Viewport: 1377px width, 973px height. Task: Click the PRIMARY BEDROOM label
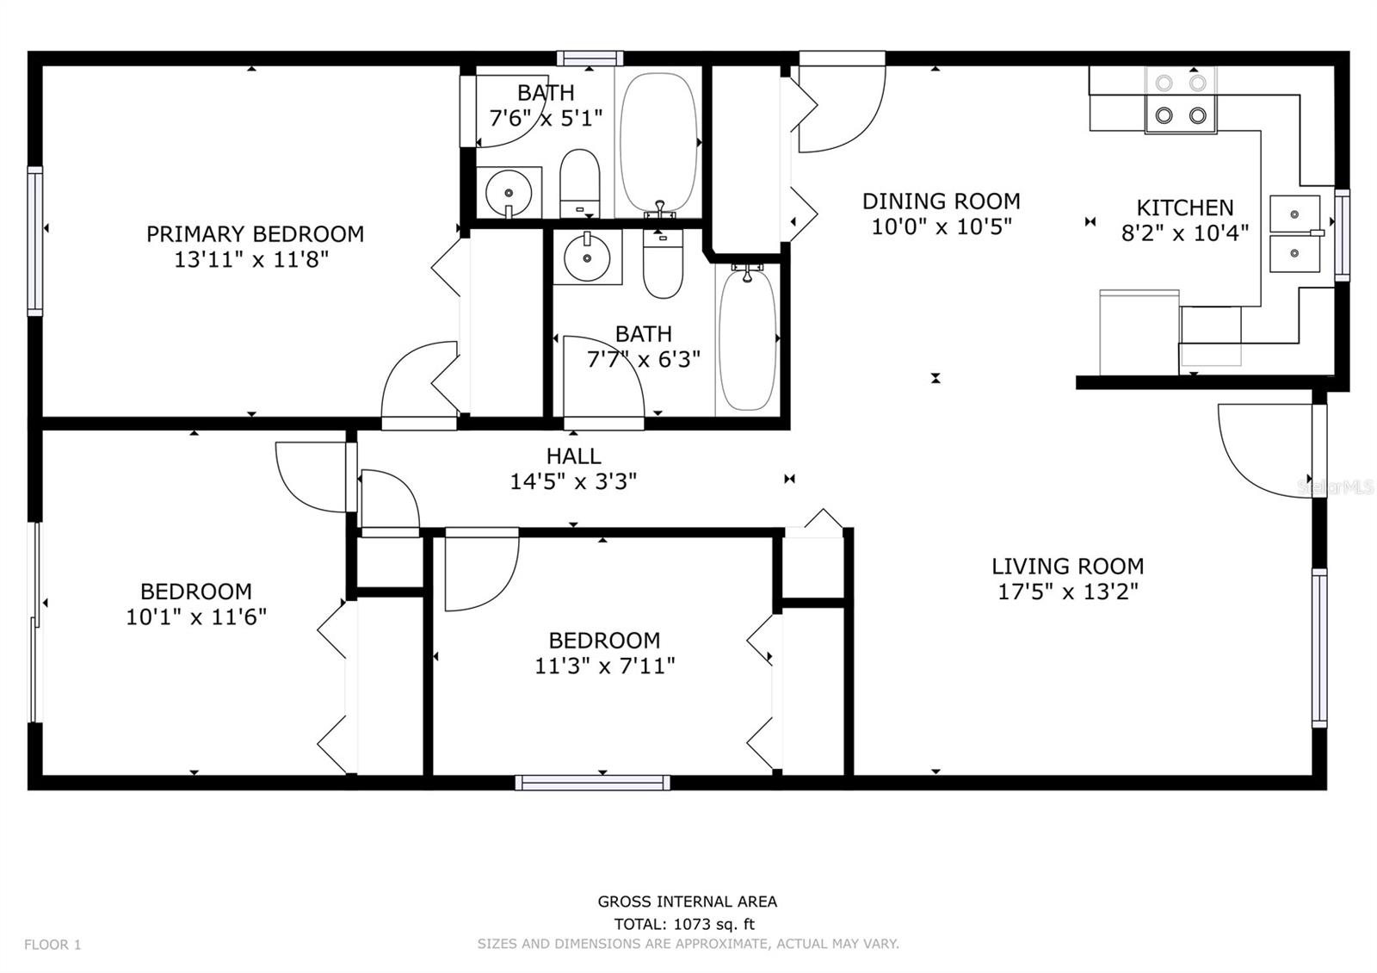tap(255, 234)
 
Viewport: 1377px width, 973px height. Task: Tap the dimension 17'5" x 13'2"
tap(1067, 592)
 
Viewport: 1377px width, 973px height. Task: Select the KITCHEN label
tap(1184, 208)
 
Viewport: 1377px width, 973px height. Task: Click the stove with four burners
tap(1180, 100)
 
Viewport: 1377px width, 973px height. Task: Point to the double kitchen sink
tap(1294, 233)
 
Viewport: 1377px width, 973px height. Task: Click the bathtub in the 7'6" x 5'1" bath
tap(658, 143)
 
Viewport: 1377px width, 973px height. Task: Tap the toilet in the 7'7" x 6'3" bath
tap(663, 263)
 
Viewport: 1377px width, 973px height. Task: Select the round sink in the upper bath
tap(508, 191)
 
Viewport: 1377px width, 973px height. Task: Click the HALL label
tap(573, 456)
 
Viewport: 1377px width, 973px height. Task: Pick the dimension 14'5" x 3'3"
tap(573, 481)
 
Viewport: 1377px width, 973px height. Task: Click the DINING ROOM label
tap(941, 201)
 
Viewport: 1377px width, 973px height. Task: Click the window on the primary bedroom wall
tap(35, 241)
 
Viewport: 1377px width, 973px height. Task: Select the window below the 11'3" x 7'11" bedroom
tap(592, 783)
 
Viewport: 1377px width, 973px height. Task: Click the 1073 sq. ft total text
tap(684, 924)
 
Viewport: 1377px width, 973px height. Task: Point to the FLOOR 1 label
tap(52, 945)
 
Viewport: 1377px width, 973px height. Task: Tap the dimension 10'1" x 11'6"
tap(196, 617)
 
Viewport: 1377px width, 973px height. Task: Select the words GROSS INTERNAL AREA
tap(687, 902)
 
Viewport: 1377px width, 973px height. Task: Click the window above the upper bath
tap(590, 59)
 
